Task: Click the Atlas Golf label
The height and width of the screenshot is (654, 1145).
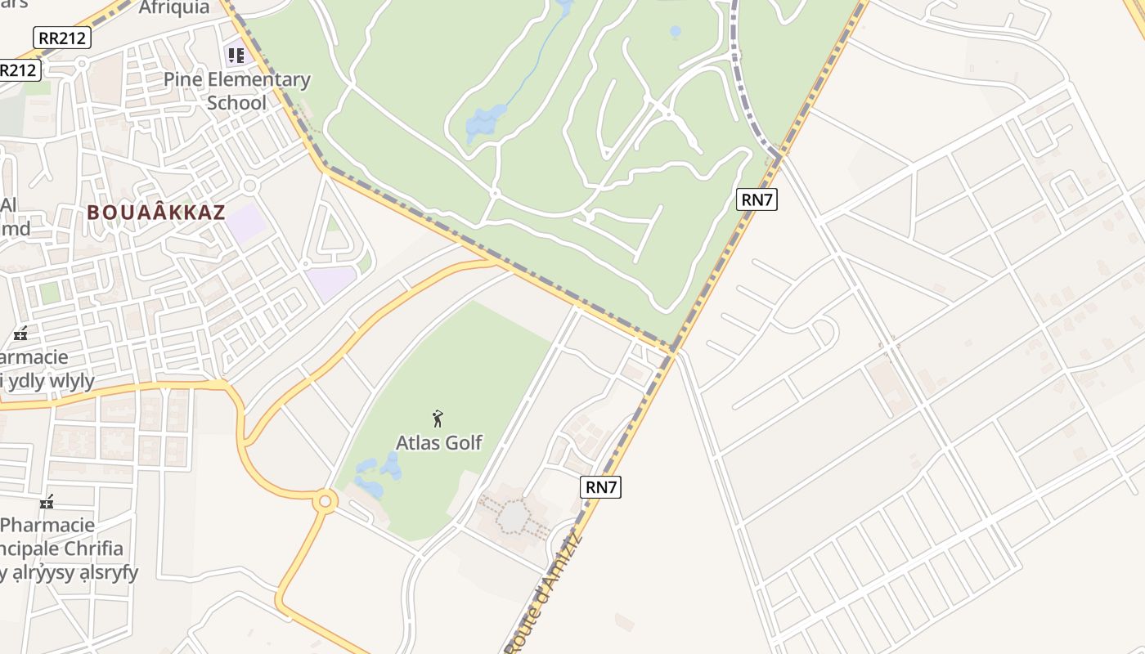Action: coord(439,442)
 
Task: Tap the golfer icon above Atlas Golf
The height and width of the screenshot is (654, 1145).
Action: coord(438,419)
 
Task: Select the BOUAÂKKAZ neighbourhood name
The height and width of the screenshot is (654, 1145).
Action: coord(155,213)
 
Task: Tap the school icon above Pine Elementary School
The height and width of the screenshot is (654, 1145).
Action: coord(236,56)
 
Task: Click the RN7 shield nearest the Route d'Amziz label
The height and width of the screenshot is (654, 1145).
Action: coord(601,487)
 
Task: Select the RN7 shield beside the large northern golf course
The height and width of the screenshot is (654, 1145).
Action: coord(757,199)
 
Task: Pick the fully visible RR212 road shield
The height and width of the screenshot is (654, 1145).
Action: coord(62,38)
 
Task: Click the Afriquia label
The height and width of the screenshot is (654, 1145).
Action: coord(174,8)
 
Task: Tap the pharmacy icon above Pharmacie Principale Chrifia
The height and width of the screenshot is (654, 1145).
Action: coord(47,501)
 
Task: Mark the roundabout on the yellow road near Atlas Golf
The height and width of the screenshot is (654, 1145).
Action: coord(326,500)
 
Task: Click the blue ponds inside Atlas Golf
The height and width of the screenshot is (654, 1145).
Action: coord(378,472)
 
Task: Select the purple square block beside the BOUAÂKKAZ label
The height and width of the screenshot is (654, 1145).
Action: coord(246,222)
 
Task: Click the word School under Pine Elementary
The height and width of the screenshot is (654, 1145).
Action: coord(237,103)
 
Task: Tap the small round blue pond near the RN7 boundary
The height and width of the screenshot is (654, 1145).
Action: coord(675,32)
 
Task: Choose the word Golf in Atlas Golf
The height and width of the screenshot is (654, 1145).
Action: coord(463,442)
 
